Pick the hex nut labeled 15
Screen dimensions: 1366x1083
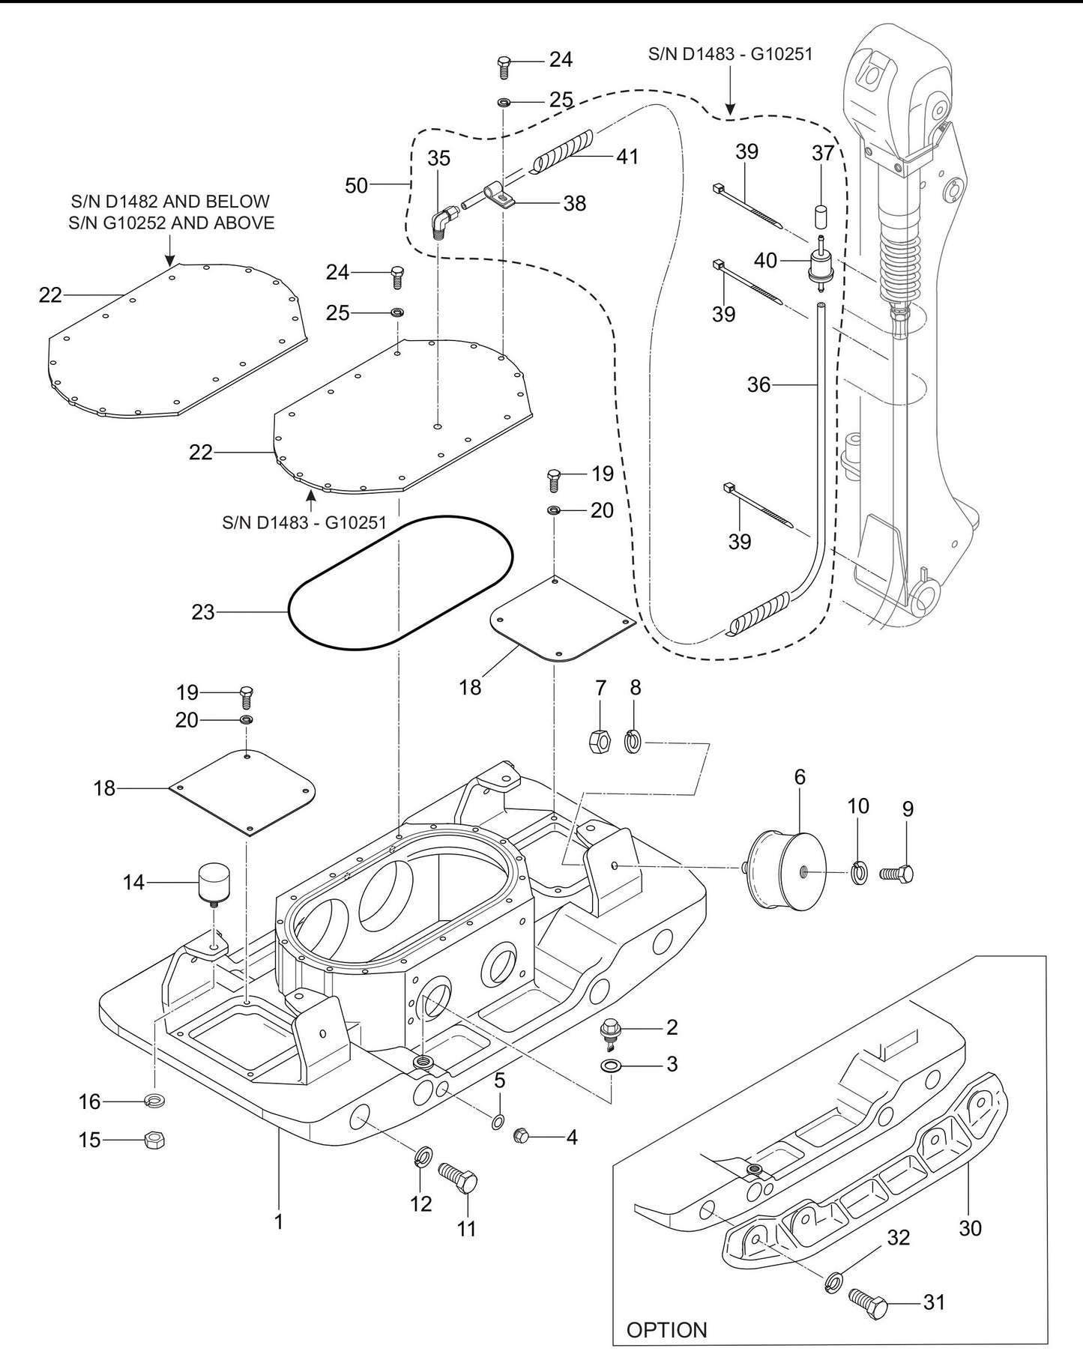[x=154, y=1140]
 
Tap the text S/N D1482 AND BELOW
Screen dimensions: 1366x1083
[x=169, y=202]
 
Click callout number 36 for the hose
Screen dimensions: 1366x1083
[x=758, y=385]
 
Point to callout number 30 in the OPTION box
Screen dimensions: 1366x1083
[x=970, y=1228]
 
